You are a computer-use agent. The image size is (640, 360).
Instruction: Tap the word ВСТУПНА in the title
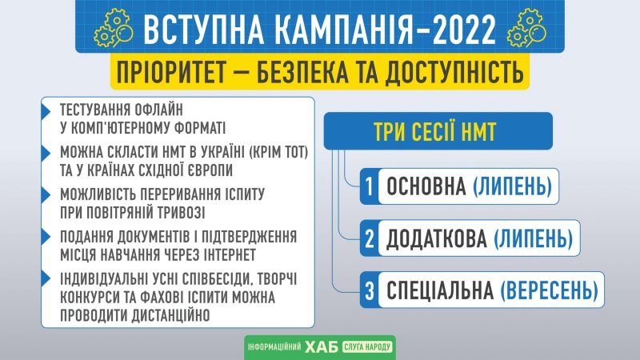[203, 30]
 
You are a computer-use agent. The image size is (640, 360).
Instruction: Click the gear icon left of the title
[114, 27]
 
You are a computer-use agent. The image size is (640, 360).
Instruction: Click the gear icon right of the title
[526, 27]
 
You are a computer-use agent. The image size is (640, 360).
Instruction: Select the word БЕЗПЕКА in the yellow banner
[303, 72]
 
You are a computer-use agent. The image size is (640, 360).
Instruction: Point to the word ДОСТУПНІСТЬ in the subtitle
[454, 72]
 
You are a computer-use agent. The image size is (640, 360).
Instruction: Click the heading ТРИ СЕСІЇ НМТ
[434, 132]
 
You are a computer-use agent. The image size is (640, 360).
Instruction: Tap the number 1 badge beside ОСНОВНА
[369, 186]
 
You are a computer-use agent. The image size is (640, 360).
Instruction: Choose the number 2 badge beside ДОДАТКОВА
[369, 238]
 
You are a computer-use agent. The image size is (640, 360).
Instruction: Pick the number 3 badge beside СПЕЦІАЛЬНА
[369, 290]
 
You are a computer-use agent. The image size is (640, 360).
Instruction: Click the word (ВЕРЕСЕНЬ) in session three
[550, 290]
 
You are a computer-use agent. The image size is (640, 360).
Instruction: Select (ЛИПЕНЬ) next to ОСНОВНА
[512, 186]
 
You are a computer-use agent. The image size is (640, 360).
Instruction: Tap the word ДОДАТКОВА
[437, 238]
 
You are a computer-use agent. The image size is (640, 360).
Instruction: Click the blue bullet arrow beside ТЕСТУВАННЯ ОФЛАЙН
[46, 111]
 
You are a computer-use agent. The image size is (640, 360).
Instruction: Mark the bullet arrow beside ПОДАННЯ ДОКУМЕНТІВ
[46, 237]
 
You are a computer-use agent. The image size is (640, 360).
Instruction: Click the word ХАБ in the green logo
[322, 347]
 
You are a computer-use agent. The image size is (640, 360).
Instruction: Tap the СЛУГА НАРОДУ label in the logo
[367, 347]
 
